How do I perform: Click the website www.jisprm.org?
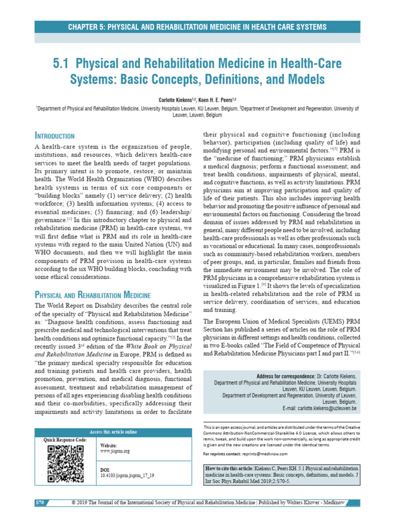(x=115, y=451)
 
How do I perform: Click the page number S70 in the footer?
(x=40, y=516)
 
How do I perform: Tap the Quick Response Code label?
(x=65, y=440)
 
